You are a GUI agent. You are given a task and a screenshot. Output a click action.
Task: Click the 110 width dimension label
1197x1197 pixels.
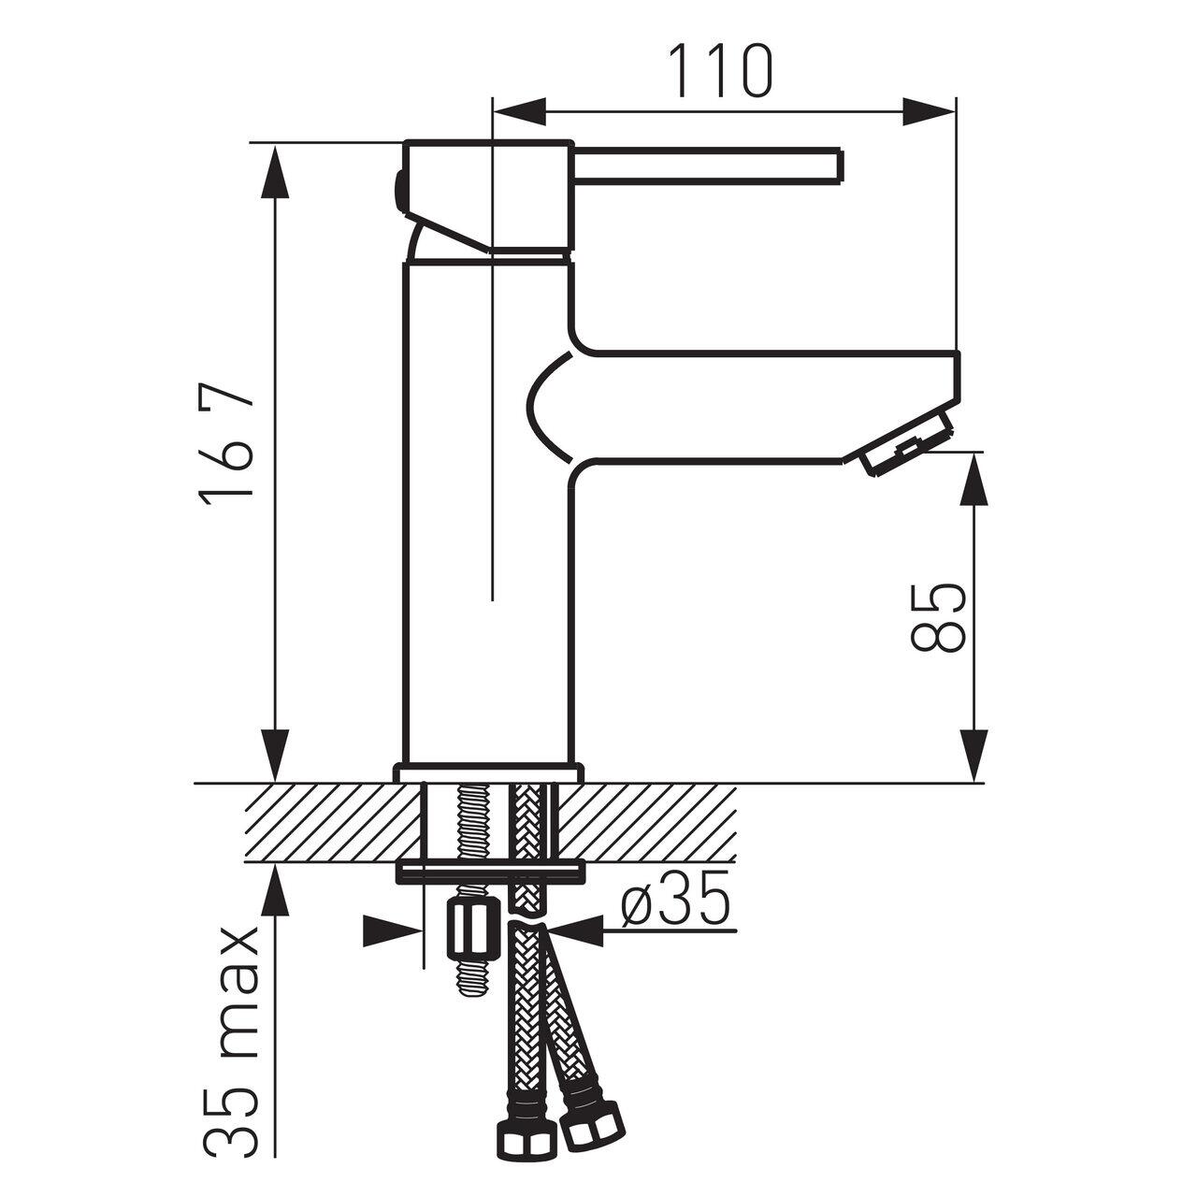(721, 71)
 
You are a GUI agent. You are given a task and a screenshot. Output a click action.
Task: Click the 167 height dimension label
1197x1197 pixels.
(226, 445)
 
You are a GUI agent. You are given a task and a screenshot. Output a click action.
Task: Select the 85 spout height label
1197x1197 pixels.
(937, 617)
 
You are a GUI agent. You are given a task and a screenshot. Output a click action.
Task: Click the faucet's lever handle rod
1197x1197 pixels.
(707, 166)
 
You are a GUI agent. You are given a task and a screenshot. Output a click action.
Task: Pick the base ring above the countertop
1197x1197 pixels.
(488, 773)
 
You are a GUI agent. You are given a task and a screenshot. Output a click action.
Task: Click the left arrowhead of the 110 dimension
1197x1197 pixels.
(519, 112)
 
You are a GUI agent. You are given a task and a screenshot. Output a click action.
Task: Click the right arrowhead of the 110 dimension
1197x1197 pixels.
(928, 112)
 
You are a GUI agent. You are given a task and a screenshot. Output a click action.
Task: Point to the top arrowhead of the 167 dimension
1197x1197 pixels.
(275, 171)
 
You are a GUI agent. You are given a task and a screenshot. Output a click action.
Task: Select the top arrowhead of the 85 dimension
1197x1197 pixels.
(973, 479)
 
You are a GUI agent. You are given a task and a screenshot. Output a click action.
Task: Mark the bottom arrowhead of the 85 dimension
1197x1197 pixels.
(973, 756)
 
